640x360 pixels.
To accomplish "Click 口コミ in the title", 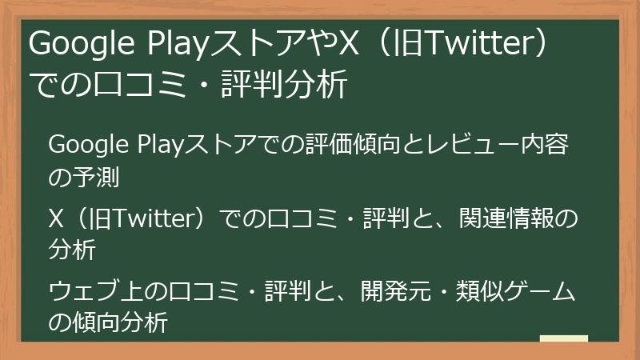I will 127,85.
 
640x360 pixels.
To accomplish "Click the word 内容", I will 558,146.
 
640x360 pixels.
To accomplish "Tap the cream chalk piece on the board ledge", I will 563,338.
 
